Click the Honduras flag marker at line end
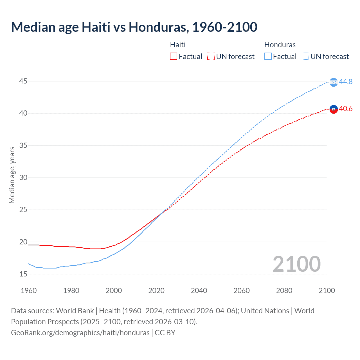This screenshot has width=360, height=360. click(334, 82)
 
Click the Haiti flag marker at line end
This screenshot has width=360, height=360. click(334, 109)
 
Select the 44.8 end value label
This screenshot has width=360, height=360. click(346, 82)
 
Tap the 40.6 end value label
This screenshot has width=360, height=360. click(346, 109)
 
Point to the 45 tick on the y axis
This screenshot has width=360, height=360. click(23, 81)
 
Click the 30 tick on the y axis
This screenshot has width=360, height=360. click(23, 177)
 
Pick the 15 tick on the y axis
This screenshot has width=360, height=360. click(23, 274)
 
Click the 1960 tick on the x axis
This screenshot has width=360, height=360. click(29, 291)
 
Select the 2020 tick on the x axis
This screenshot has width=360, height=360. click(156, 291)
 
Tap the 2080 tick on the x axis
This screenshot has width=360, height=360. click(284, 291)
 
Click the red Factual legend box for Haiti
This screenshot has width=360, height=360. click(174, 57)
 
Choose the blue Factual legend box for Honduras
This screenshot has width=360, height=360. click(268, 57)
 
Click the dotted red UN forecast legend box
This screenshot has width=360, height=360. click(211, 57)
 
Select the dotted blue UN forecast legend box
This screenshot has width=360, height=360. click(305, 57)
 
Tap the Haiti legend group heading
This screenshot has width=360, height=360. click(178, 45)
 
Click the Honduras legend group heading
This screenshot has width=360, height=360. click(280, 45)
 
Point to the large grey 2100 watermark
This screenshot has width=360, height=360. click(296, 264)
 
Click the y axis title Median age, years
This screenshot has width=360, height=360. click(12, 175)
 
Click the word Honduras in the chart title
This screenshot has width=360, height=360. click(157, 27)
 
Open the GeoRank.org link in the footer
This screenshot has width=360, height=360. click(80, 333)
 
